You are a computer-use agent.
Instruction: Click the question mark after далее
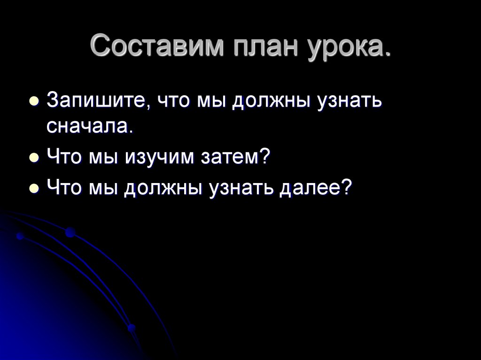tap(346, 188)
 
